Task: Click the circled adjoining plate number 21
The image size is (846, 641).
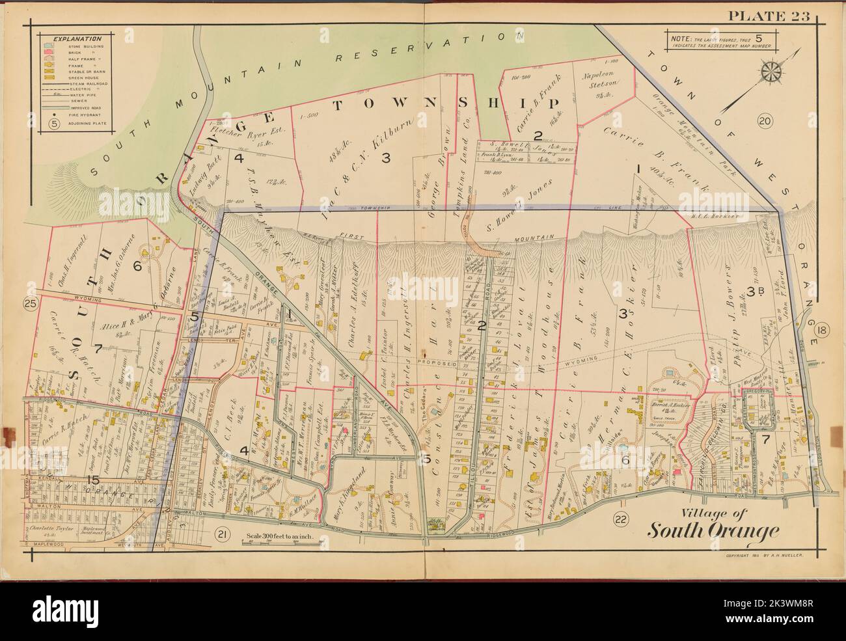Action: tap(221, 534)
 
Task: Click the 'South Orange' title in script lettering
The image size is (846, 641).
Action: tap(712, 530)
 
